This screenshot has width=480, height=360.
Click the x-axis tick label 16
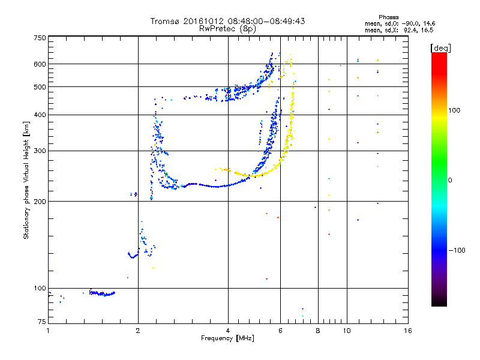click(407, 331)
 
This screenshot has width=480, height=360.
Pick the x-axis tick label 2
click(138, 331)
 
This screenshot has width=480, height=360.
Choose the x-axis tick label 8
click(318, 331)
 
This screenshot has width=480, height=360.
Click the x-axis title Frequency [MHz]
click(228, 338)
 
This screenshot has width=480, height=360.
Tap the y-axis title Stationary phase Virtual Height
click(26, 181)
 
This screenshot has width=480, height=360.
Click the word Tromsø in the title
click(166, 21)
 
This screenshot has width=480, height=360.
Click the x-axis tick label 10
click(347, 331)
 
